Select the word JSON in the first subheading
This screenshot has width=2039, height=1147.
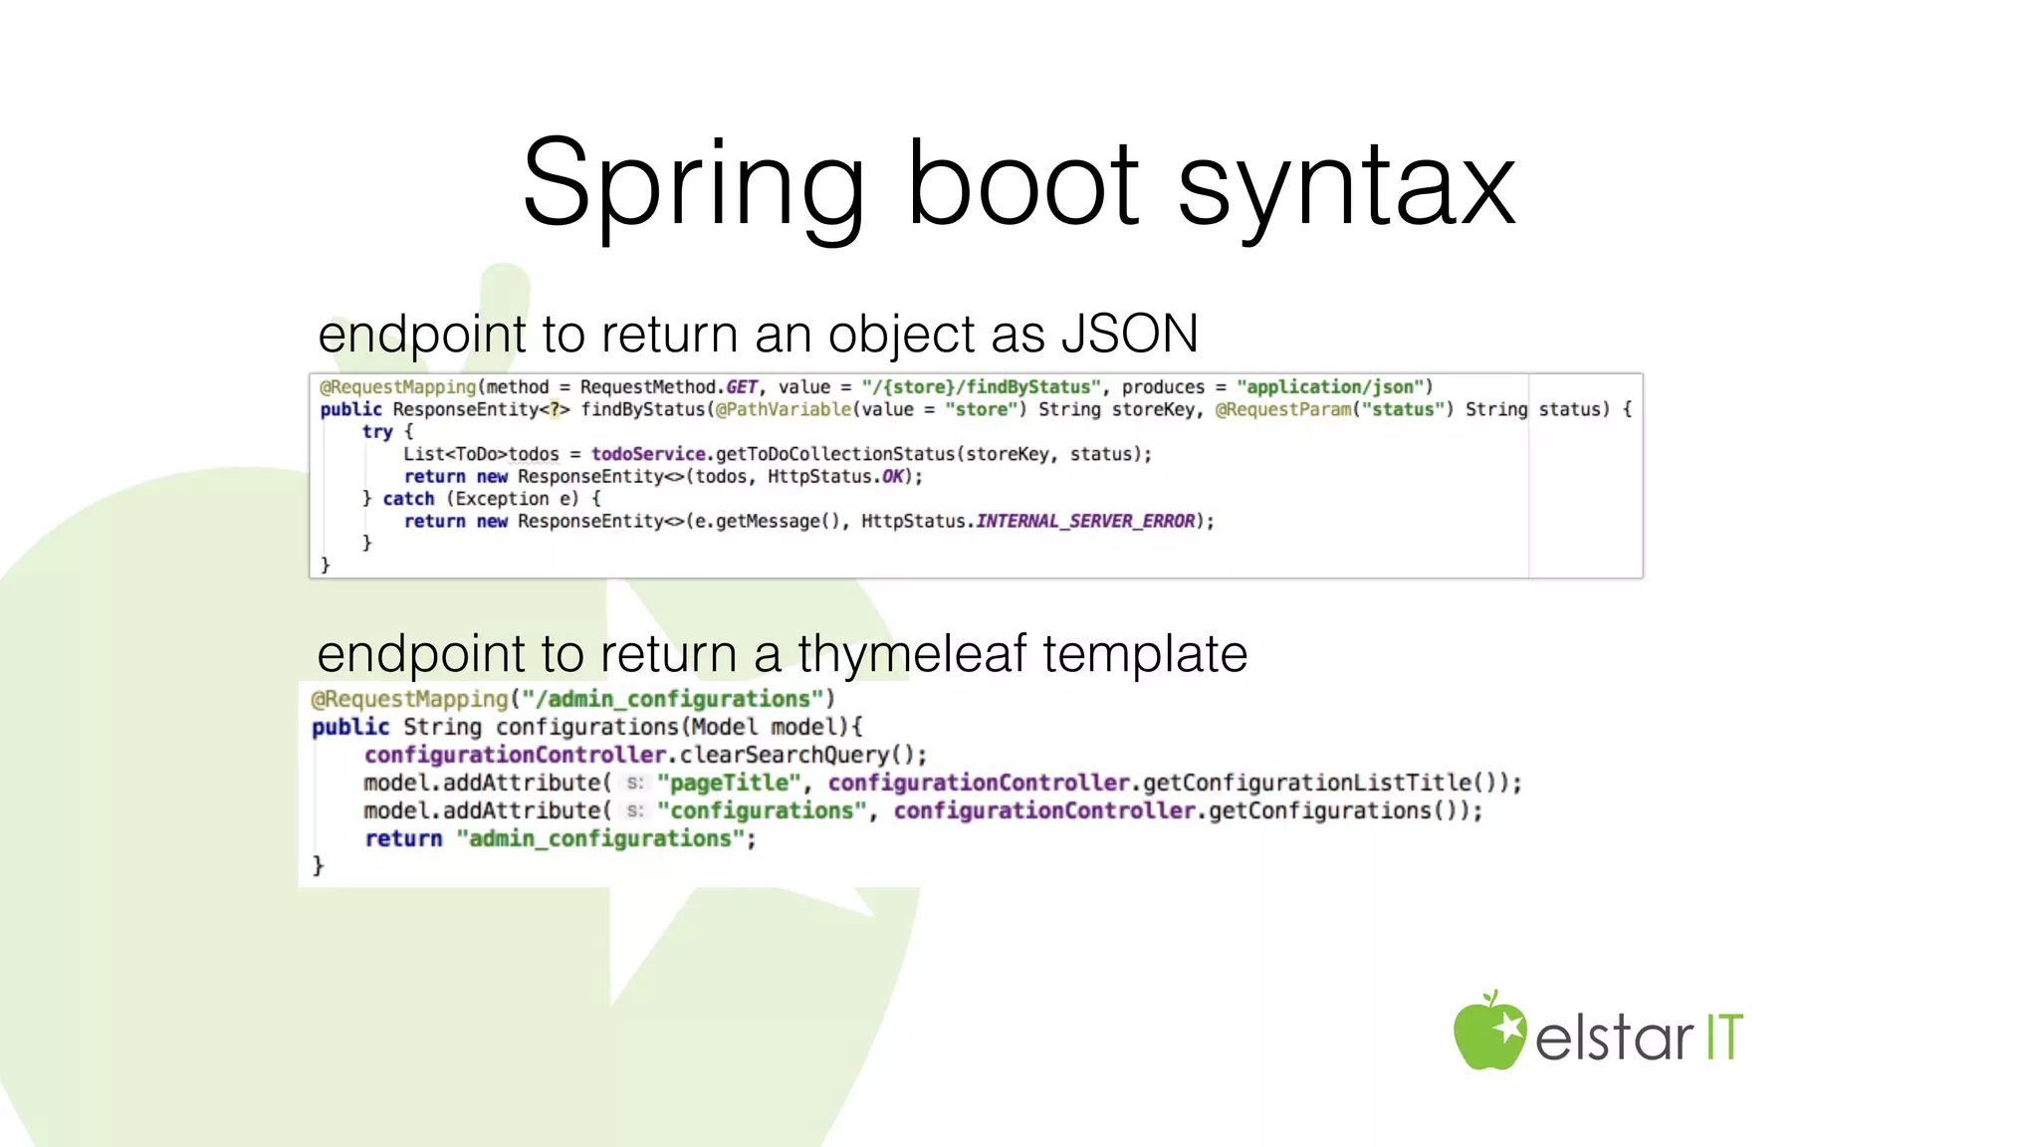[x=1130, y=335]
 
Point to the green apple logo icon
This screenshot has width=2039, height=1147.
[x=1488, y=1032]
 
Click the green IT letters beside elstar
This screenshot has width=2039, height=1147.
[x=1724, y=1037]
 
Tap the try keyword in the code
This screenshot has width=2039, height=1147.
[x=377, y=432]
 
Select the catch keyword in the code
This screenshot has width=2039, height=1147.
[x=408, y=499]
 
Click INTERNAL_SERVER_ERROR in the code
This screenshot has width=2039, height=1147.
[x=1085, y=521]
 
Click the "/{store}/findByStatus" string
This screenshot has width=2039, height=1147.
[x=982, y=387]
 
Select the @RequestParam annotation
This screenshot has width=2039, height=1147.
[x=1283, y=409]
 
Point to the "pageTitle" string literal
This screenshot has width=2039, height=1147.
[x=729, y=784]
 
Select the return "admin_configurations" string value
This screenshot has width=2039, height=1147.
[x=600, y=839]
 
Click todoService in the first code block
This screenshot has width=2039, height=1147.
[x=648, y=454]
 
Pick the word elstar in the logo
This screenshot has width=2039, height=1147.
[x=1614, y=1038]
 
